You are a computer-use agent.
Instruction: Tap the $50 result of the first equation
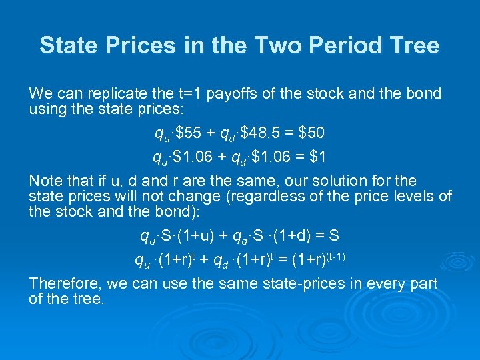coord(311,133)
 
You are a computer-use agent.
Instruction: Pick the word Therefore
coord(65,283)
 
